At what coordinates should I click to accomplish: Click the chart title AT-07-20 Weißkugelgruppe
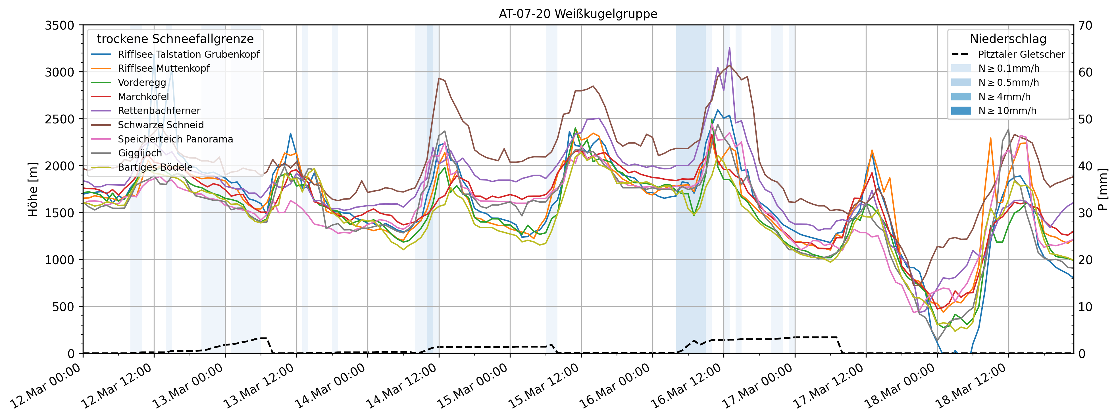coord(578,14)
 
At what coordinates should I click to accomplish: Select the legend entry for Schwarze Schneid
coord(161,125)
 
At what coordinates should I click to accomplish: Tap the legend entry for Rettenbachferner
coord(159,111)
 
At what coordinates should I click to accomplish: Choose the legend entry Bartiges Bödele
coord(155,168)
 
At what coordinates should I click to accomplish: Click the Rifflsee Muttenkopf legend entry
coord(164,69)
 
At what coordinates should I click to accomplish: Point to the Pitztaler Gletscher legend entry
coord(1021,54)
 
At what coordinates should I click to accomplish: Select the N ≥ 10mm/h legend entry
coord(1007,111)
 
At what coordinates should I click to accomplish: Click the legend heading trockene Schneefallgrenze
coord(175,39)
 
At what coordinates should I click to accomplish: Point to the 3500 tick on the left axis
coord(60,26)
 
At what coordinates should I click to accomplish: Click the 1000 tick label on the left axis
coord(60,260)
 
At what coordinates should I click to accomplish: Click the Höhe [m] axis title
coord(33,189)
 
